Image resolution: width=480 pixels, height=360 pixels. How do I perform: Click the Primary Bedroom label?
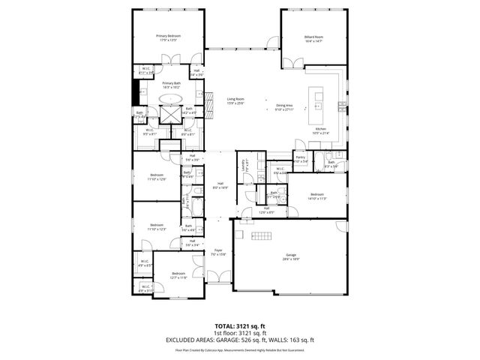pos(168,35)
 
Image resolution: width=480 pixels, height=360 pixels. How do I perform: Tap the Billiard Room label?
pos(313,35)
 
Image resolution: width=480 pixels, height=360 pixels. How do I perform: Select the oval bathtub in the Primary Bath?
pos(171,98)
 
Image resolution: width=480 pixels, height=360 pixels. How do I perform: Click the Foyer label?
pos(218,250)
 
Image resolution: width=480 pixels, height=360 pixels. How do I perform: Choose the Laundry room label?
pos(242,163)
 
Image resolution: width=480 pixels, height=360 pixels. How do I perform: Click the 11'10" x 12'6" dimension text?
pos(157,179)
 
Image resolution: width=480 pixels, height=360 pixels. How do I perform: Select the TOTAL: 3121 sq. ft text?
pos(240,325)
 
